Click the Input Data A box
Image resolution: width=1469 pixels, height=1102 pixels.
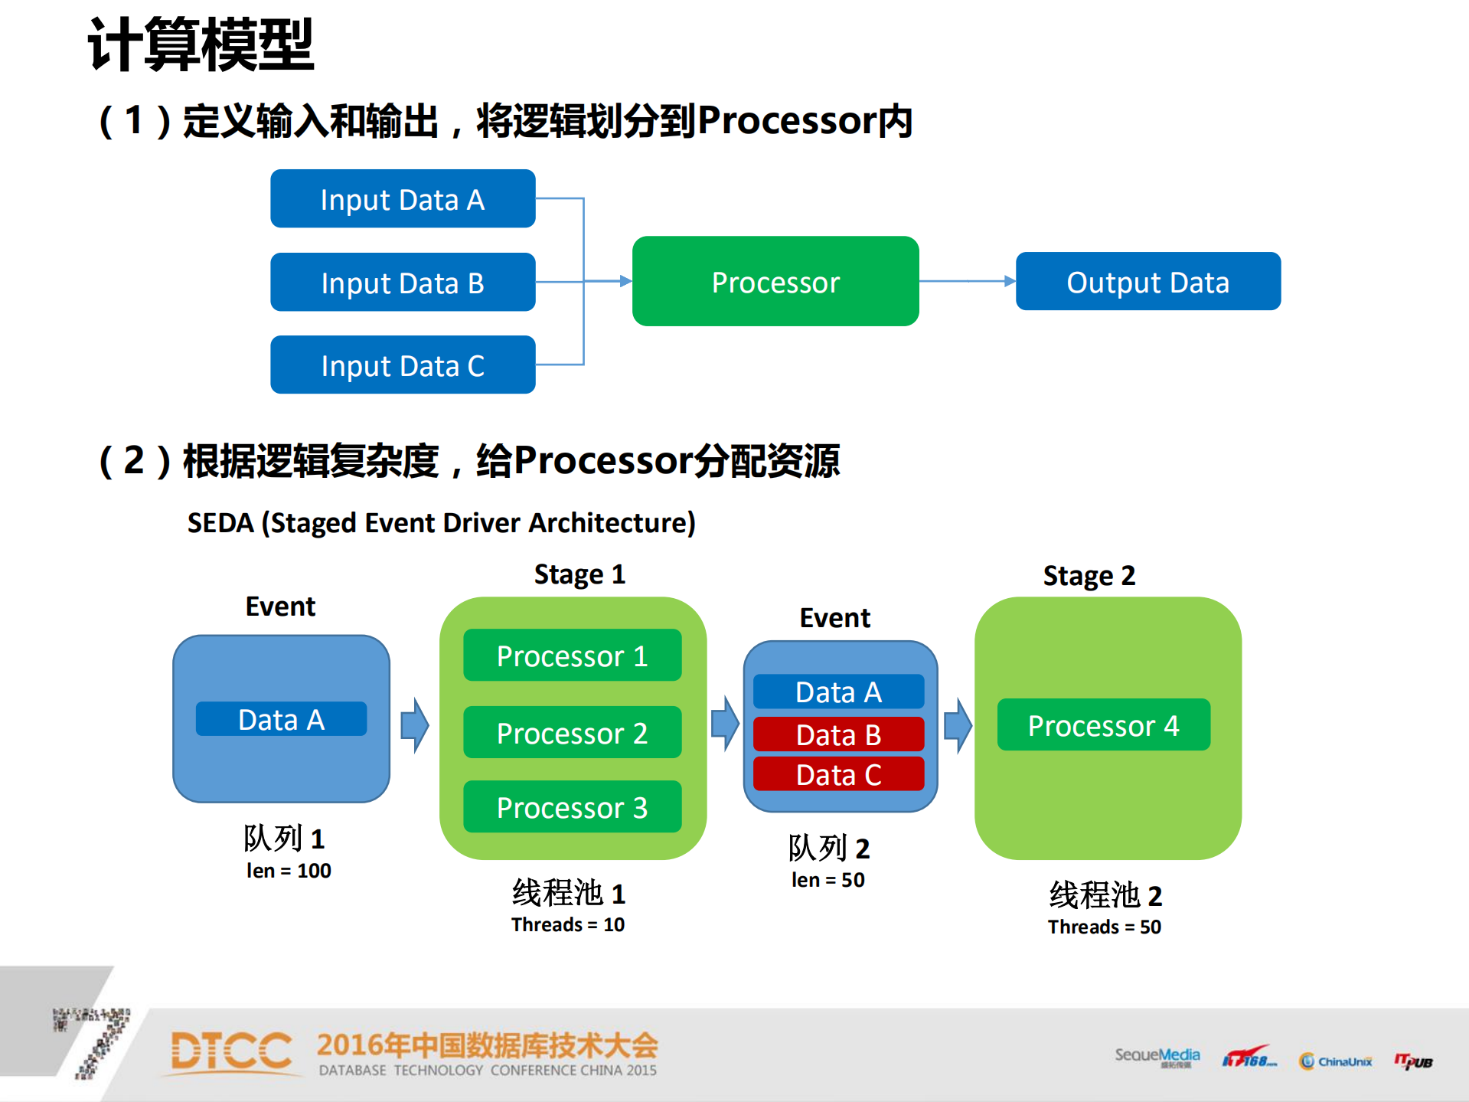click(403, 199)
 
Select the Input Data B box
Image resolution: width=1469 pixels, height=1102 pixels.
click(403, 283)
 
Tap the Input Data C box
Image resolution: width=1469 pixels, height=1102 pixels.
click(403, 365)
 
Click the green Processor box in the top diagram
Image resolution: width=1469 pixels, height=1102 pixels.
click(775, 282)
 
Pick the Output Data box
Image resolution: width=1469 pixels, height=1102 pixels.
click(1147, 282)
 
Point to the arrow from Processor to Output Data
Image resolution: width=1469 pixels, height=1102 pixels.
click(967, 281)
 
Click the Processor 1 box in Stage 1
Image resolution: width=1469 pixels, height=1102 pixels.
click(572, 656)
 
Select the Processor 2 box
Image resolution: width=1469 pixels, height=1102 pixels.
click(572, 733)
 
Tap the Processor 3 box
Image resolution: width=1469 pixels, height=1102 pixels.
click(572, 807)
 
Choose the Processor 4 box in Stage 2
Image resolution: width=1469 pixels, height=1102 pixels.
click(1103, 725)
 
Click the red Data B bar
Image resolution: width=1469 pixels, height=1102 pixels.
click(838, 734)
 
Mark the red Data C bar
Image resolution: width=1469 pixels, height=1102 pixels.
click(838, 774)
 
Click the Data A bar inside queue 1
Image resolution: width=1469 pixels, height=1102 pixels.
click(281, 719)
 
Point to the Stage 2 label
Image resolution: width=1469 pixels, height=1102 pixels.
click(1089, 575)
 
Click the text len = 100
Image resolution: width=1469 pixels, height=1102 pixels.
click(289, 871)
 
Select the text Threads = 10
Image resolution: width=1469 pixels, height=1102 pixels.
click(568, 924)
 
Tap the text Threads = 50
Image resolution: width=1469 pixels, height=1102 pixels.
click(1104, 927)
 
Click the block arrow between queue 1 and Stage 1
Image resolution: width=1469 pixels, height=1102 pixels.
click(414, 724)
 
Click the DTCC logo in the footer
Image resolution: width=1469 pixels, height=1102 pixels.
click(231, 1051)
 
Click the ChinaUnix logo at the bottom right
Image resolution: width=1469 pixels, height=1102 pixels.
click(1336, 1061)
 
